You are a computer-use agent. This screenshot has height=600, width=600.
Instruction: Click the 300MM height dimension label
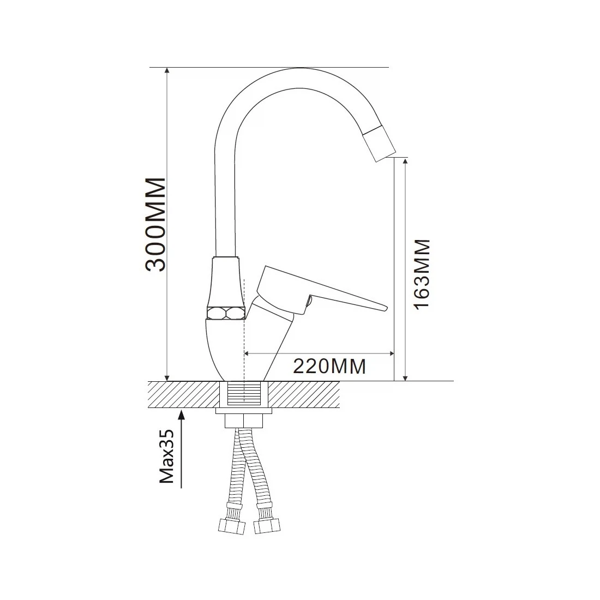coord(156,225)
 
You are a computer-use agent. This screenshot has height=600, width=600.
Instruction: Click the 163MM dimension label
coord(422,274)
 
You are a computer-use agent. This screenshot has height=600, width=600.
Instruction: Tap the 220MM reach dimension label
coord(329,366)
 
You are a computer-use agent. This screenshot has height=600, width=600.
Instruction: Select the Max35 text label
coord(166,456)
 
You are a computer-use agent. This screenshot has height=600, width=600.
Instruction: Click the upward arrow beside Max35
coord(182,448)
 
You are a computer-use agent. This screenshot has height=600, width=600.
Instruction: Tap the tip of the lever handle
coord(386,307)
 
